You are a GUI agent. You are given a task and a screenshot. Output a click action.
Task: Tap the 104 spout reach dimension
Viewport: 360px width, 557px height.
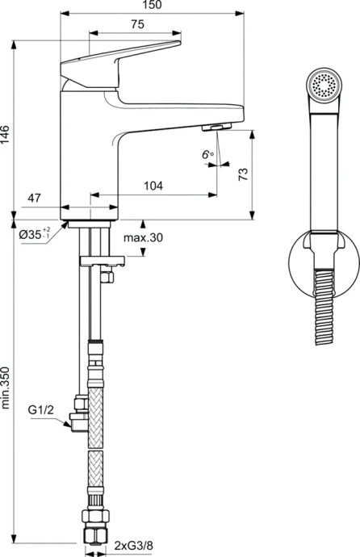click(x=153, y=186)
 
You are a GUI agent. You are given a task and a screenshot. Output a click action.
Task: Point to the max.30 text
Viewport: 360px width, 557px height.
click(x=143, y=237)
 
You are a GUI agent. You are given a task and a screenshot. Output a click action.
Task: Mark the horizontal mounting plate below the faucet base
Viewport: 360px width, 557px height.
click(x=103, y=261)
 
